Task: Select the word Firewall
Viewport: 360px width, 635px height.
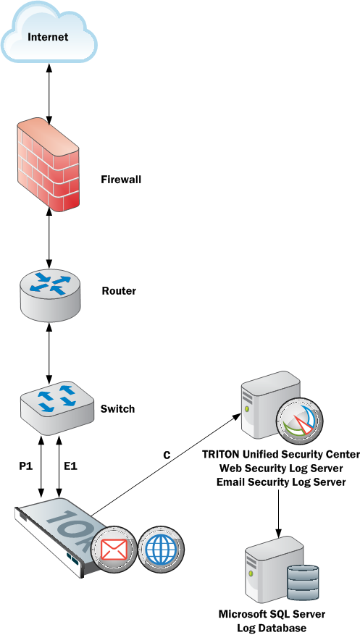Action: click(121, 180)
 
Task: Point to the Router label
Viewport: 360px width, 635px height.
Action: click(119, 291)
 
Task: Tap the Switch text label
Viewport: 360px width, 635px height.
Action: click(117, 409)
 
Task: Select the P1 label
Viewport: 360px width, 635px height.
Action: click(25, 466)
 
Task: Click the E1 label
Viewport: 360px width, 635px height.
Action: click(70, 466)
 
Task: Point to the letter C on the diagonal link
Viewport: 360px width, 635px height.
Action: click(167, 455)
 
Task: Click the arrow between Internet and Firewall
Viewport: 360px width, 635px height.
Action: click(49, 93)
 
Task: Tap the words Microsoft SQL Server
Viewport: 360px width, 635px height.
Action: click(272, 613)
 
